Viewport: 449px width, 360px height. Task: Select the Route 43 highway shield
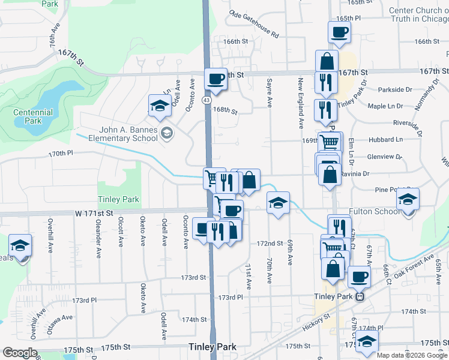(206, 100)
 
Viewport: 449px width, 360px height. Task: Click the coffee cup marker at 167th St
(215, 78)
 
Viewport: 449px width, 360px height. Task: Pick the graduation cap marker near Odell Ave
(160, 106)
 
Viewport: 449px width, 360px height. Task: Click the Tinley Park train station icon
(360, 296)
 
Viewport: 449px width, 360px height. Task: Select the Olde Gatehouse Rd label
(255, 25)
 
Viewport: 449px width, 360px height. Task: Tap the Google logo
(19, 352)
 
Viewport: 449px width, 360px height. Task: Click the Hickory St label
(317, 324)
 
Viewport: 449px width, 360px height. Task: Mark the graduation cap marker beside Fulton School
(408, 199)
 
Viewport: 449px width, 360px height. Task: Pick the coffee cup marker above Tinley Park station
(359, 277)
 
